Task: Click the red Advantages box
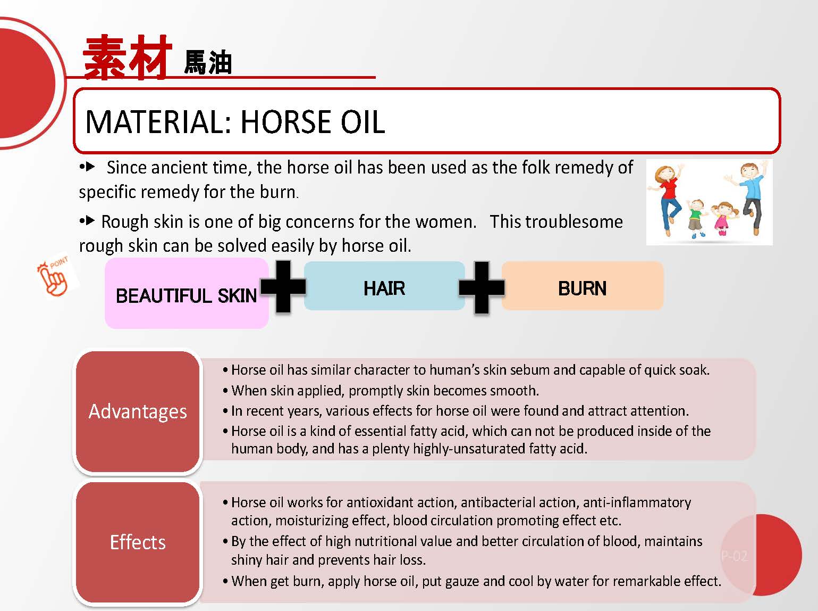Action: (138, 411)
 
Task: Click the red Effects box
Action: (138, 542)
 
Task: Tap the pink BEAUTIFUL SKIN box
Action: (187, 293)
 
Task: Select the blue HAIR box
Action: (384, 286)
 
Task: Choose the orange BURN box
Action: (583, 286)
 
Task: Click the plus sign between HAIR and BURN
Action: (482, 287)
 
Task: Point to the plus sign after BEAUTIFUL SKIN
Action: (283, 286)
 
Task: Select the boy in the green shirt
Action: (695, 219)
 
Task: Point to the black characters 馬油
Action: (208, 62)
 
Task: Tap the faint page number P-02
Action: (734, 556)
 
